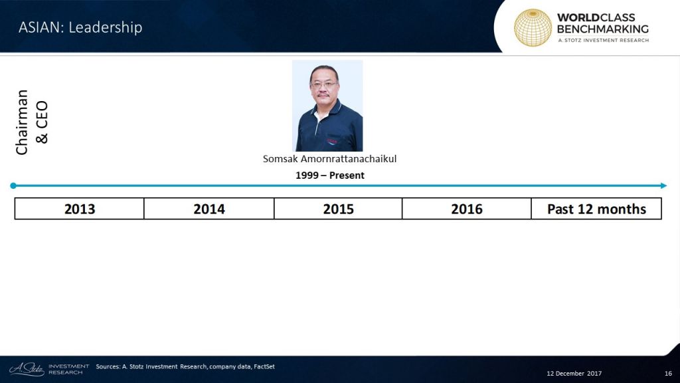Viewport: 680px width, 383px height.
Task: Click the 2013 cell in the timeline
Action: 80,209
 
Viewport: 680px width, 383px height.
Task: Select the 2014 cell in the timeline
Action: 209,209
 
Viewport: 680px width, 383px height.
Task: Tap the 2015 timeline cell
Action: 338,209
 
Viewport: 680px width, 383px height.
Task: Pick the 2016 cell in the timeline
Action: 467,209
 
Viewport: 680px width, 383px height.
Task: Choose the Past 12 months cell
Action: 596,209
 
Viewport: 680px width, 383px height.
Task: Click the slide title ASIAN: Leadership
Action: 80,27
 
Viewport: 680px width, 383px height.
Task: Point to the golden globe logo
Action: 533,27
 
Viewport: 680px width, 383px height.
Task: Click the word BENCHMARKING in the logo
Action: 603,29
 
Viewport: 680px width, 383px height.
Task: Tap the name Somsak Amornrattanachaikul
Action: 329,159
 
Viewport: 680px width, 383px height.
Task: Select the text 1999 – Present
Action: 330,176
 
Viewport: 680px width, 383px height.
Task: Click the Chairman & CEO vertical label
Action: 32,122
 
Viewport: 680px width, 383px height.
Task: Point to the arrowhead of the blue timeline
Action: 663,186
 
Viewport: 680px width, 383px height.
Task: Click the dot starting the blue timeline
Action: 13,186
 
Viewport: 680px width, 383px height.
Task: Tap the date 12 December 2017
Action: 574,374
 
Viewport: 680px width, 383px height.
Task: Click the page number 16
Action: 668,374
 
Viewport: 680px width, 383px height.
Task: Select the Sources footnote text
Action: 185,366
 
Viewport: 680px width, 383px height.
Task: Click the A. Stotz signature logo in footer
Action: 27,369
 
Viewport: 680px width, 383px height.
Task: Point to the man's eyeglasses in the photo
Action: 324,85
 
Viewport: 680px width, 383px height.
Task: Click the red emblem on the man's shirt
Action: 332,141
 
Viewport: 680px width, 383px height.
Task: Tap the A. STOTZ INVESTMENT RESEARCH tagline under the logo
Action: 603,41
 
